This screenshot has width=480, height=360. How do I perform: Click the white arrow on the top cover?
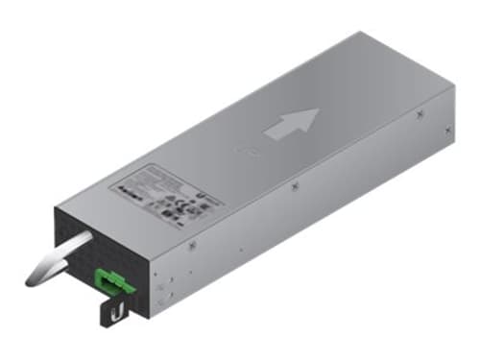point(290,125)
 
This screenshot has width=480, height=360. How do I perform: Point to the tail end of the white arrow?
point(268,136)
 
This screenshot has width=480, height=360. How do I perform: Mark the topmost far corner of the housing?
point(361,32)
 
